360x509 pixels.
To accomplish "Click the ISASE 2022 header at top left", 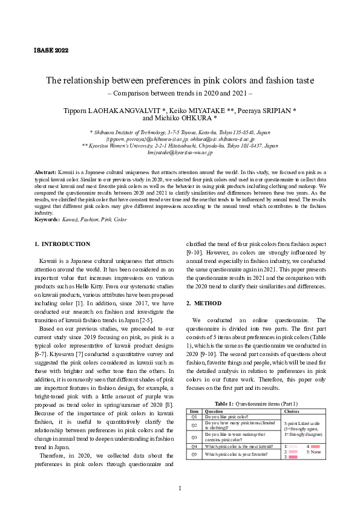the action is [50, 50].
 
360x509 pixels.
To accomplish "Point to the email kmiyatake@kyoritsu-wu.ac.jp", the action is [179, 154].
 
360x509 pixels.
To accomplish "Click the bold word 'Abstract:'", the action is [45, 172].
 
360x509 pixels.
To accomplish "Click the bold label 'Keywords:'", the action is [47, 219].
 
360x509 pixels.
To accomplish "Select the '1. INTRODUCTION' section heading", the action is [62, 244].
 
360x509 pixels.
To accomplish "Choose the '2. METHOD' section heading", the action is [203, 303].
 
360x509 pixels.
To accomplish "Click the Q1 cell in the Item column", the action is [194, 417].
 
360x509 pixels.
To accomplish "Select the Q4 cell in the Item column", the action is [194, 446].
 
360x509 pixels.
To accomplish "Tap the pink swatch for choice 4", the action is [315, 446].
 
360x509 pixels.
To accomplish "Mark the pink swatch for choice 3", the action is [293, 458].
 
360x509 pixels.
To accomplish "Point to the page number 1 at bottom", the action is [180, 488].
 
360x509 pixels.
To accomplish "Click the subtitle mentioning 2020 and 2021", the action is [180, 94].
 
